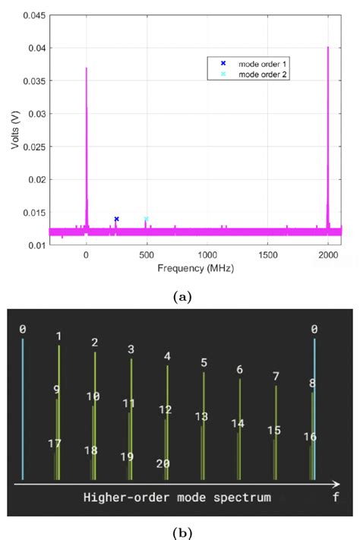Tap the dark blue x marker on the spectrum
tap(116, 219)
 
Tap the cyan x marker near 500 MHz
tap(146, 219)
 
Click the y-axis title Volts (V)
tap(15, 127)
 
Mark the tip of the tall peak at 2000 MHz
tap(327, 47)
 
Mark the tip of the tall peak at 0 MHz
tap(86, 68)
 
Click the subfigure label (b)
tap(180, 532)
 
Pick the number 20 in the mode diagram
tap(163, 464)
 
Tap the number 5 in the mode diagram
tap(204, 362)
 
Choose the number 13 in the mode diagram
tap(201, 417)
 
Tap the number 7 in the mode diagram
tap(276, 376)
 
